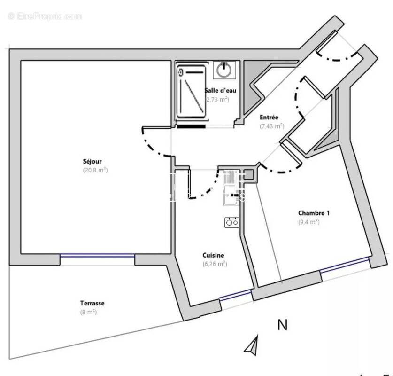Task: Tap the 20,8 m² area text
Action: (x=95, y=170)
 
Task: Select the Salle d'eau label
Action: (x=217, y=91)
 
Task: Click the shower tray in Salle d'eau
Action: (x=191, y=92)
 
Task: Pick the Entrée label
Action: (x=269, y=117)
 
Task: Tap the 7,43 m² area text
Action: (x=272, y=126)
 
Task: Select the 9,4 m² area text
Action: (x=308, y=222)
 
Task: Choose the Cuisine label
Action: (x=213, y=255)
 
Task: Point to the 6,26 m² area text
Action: (x=215, y=264)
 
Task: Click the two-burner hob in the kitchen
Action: (x=231, y=222)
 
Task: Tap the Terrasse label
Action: (x=92, y=303)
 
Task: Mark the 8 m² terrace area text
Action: (x=88, y=312)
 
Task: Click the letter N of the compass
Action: (x=282, y=325)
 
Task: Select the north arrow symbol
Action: (x=252, y=346)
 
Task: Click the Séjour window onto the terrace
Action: (x=97, y=255)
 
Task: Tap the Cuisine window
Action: (x=236, y=295)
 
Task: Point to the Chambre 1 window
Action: (x=344, y=264)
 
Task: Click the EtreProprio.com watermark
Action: (x=45, y=16)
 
